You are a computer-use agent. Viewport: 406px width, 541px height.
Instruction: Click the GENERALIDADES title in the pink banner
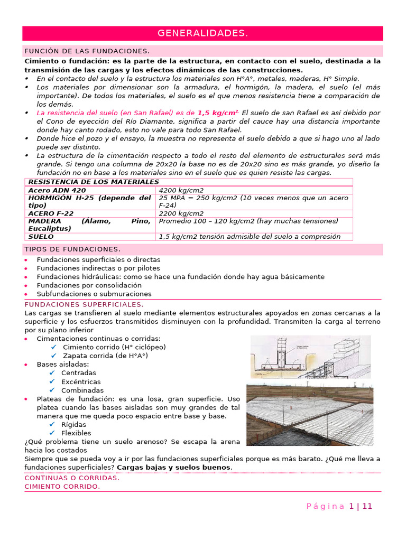[x=202, y=33]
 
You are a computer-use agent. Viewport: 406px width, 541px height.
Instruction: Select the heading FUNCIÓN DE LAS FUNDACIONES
[x=87, y=51]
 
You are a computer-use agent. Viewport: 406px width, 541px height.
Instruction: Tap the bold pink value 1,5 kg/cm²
[x=218, y=113]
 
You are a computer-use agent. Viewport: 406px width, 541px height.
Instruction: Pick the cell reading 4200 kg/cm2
[x=181, y=190]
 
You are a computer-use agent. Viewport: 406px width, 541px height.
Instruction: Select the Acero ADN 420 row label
[x=57, y=190]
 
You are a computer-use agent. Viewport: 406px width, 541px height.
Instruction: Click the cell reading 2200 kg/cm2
[x=181, y=213]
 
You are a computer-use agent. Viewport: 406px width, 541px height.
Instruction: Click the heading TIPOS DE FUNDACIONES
[x=72, y=249]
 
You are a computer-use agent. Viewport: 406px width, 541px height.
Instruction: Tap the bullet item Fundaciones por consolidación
[x=89, y=285]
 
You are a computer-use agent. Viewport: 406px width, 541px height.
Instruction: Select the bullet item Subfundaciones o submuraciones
[x=94, y=294]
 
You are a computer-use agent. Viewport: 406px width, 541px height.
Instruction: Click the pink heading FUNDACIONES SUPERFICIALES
[x=84, y=305]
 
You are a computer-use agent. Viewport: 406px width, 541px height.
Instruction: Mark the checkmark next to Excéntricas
[x=52, y=381]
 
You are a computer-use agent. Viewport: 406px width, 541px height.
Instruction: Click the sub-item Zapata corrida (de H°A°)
[x=105, y=356]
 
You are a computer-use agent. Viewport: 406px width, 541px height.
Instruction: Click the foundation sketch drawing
[x=310, y=357]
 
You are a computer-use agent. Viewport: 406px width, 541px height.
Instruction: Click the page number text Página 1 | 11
[x=339, y=506]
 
